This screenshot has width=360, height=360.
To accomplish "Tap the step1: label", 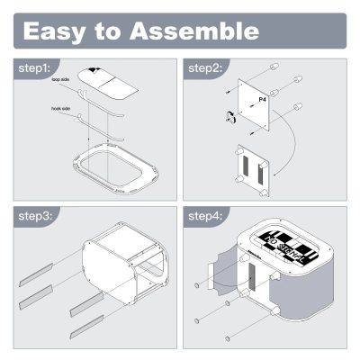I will [35, 68].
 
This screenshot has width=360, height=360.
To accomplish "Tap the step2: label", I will [206, 68].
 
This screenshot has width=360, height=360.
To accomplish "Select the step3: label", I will [35, 218].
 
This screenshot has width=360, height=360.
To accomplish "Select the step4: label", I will [206, 218].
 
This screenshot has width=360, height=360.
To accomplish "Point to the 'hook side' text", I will [62, 111].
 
